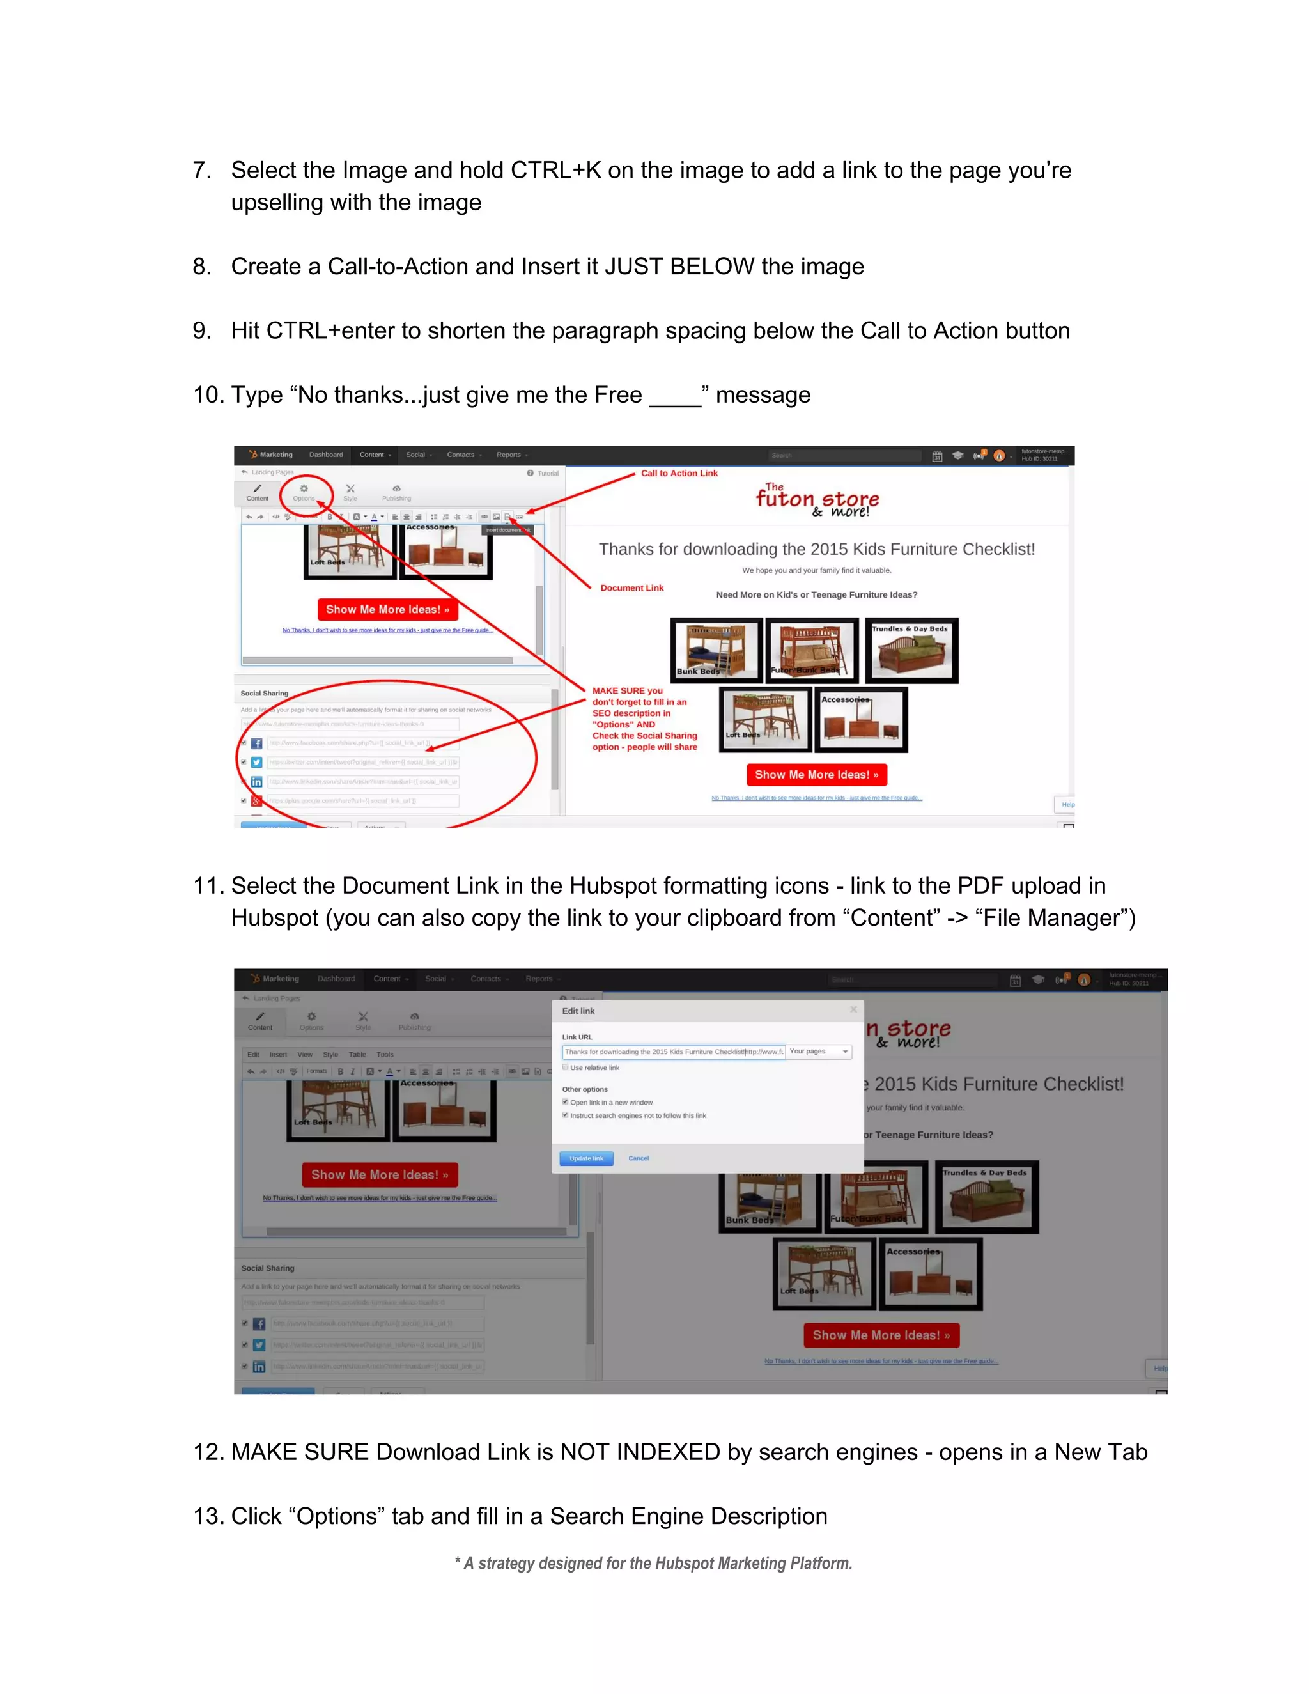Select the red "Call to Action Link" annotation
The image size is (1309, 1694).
679,473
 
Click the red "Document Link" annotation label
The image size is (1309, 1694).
631,588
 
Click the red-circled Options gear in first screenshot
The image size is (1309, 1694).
304,490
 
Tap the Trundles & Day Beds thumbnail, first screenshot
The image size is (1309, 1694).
911,650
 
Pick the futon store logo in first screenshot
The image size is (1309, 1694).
817,501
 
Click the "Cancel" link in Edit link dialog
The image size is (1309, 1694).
639,1158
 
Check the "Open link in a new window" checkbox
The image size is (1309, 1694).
565,1102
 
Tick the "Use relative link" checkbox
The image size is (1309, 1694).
565,1068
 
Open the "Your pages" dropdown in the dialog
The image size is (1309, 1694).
819,1052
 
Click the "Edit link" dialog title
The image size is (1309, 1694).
578,1011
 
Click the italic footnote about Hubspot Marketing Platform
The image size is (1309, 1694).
654,1563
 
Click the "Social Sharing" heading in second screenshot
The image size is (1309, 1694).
268,1268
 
